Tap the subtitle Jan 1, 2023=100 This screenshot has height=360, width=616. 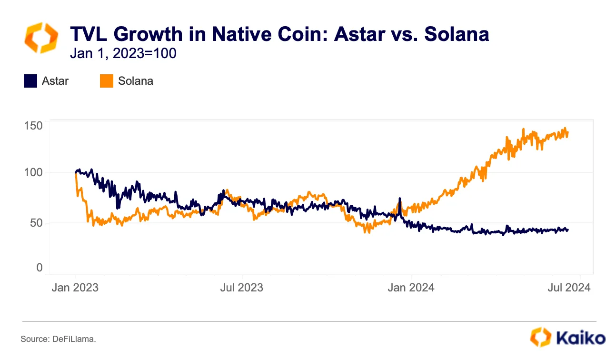click(x=123, y=53)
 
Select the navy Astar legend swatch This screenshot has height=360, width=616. click(x=30, y=81)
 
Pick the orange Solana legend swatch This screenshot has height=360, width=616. click(x=107, y=81)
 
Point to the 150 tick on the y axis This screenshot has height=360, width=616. click(x=33, y=126)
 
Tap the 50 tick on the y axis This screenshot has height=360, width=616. click(x=36, y=222)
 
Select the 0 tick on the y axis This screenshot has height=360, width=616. click(x=40, y=268)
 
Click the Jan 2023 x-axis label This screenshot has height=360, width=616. click(x=75, y=288)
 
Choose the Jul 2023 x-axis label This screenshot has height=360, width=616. click(x=242, y=288)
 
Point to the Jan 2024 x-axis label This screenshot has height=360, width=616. click(x=411, y=288)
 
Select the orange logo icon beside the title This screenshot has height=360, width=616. click(x=41, y=38)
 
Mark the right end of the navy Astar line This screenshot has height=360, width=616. click(x=567, y=230)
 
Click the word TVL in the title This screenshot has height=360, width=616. click(x=91, y=34)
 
